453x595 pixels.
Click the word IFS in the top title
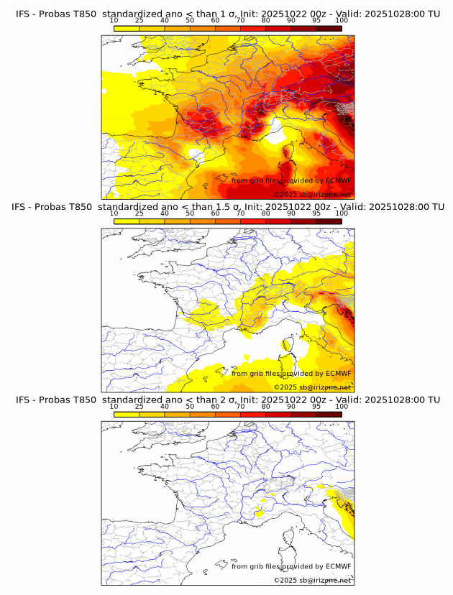tap(23, 14)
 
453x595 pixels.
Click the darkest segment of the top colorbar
tap(329, 29)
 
